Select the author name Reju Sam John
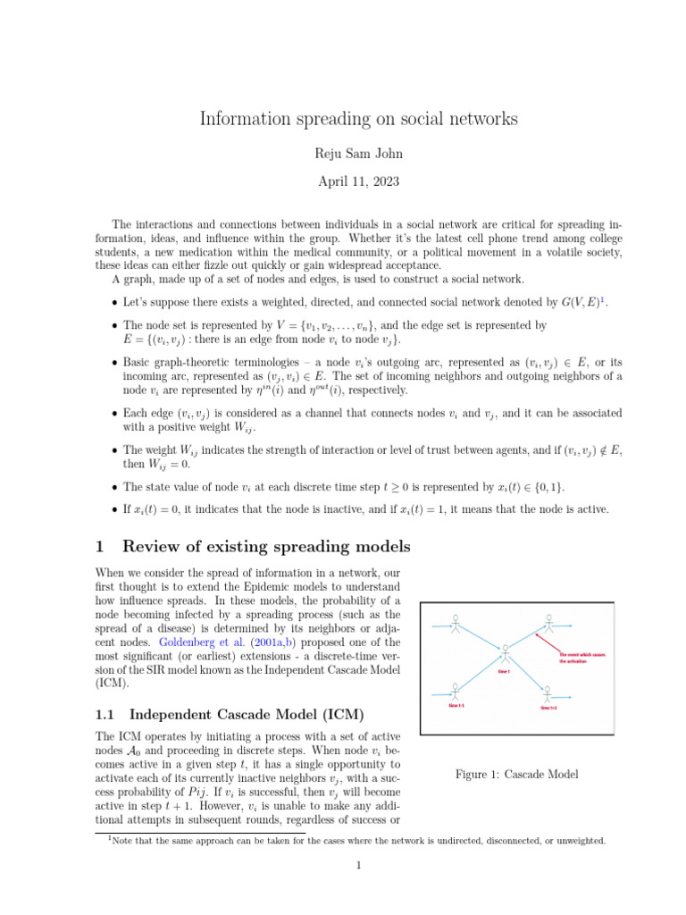click(x=343, y=153)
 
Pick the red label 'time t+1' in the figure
click(x=548, y=708)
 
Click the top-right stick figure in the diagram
click(x=548, y=622)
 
